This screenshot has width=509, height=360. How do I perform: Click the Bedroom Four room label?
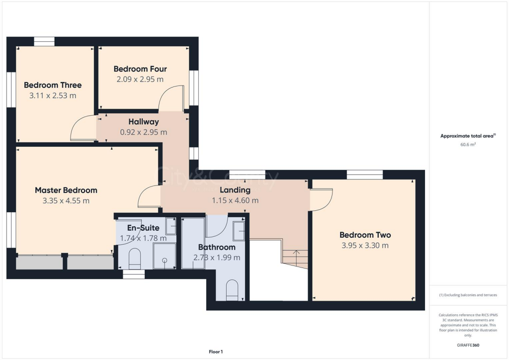point(140,69)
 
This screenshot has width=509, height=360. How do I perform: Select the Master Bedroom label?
point(66,190)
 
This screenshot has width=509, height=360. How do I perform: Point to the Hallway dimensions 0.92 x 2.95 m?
point(144,132)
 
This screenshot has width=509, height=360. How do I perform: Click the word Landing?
point(235,190)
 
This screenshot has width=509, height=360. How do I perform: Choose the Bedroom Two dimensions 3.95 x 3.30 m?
point(365,245)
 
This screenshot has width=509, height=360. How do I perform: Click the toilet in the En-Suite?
point(135,258)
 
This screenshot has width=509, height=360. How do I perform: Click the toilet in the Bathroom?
point(232,290)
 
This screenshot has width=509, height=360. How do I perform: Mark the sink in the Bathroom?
point(239,231)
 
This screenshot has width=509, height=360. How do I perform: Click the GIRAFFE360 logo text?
point(468,345)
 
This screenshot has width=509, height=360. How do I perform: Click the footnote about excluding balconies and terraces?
point(468,295)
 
